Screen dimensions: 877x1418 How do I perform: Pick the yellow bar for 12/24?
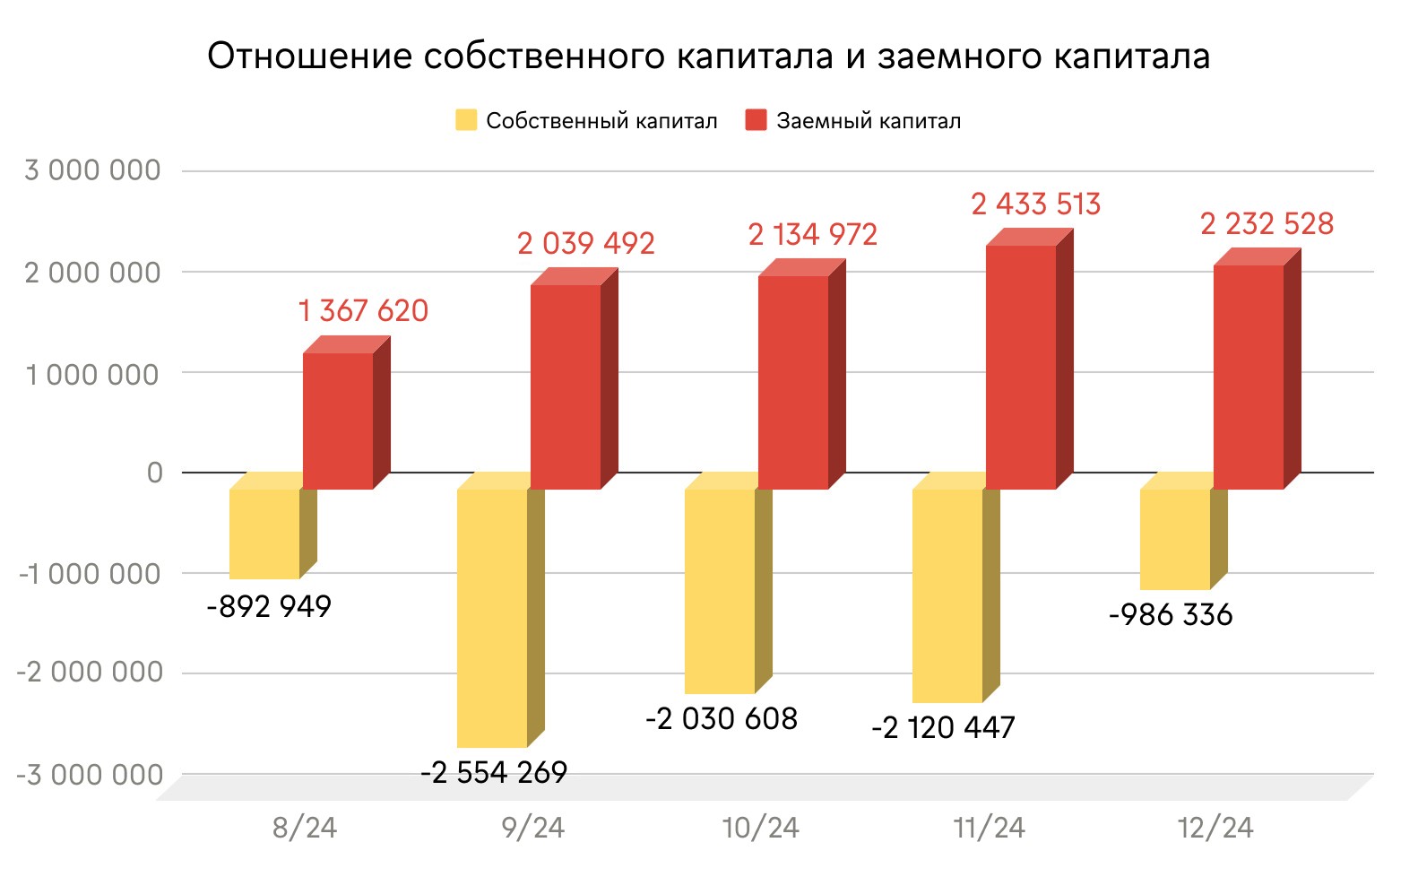[1175, 538]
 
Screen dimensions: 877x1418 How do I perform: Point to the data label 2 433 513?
[1035, 204]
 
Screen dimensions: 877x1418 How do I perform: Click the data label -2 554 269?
[494, 772]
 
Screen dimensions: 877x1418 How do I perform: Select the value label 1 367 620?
[363, 311]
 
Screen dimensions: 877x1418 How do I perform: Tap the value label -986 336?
[1171, 615]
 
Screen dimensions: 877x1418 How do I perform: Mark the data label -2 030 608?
[722, 718]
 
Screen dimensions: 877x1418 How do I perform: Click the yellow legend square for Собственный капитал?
[466, 120]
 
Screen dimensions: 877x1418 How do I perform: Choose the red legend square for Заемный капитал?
[756, 120]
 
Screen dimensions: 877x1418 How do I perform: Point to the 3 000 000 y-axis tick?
[92, 170]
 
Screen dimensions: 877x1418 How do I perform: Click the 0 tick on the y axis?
[155, 473]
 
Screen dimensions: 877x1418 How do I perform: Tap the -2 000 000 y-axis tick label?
[90, 673]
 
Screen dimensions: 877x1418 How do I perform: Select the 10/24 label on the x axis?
[761, 828]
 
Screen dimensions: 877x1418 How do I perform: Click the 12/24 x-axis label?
[1215, 828]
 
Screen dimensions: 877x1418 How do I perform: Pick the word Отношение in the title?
[310, 56]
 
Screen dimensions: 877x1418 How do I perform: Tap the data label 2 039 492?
[585, 244]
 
